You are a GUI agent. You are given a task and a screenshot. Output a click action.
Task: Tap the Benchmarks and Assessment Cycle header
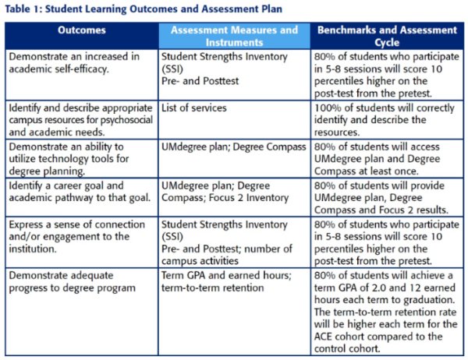(x=385, y=36)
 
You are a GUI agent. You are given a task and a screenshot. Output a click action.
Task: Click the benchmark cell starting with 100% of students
(x=385, y=120)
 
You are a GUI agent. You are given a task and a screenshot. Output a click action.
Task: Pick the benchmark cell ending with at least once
(x=385, y=158)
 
